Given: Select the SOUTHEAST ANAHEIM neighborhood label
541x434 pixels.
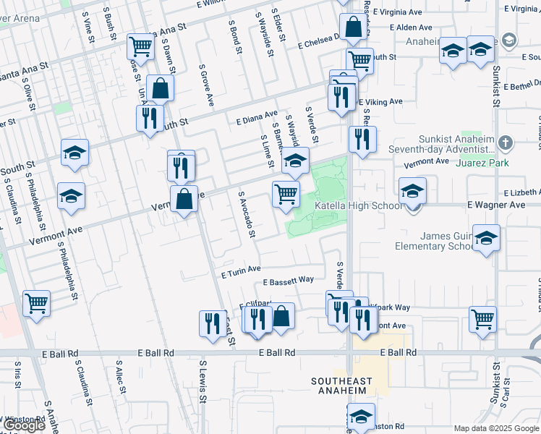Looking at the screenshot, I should coord(341,387).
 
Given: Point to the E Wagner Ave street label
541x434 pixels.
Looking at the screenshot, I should coord(496,205).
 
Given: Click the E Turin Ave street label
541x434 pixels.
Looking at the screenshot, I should coord(241,271).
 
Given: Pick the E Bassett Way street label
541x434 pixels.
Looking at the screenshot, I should coord(288,280).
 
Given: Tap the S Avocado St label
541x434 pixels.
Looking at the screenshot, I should coord(247,214).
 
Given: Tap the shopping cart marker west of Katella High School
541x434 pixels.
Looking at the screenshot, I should coord(286,194).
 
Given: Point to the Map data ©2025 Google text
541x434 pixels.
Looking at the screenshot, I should coord(496,428).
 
